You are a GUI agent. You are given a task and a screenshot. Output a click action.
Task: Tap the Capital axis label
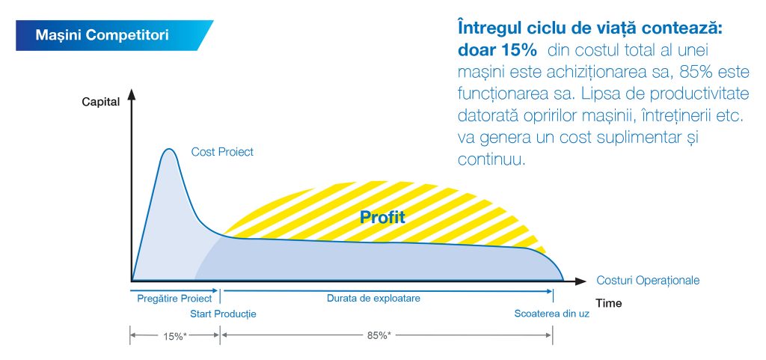pos(100,102)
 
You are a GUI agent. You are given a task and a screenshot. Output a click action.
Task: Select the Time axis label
pos(609,303)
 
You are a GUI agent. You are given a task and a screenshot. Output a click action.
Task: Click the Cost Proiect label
pos(222,152)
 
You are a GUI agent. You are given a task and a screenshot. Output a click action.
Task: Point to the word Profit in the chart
pos(382,218)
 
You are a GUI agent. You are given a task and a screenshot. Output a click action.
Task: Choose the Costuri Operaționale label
pos(648,281)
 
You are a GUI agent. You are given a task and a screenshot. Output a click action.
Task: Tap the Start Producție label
pos(223,314)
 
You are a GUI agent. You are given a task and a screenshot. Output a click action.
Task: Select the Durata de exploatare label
pos(373,298)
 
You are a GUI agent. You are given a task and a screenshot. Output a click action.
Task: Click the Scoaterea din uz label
pos(551,314)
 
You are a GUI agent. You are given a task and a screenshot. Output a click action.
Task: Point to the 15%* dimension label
pos(174,335)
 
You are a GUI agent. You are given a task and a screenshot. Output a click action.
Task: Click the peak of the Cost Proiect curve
pos(170,150)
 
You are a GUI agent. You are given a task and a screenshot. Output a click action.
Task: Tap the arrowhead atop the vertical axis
pos(132,94)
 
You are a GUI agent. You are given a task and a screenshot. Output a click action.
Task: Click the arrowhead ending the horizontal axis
pos(581,281)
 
